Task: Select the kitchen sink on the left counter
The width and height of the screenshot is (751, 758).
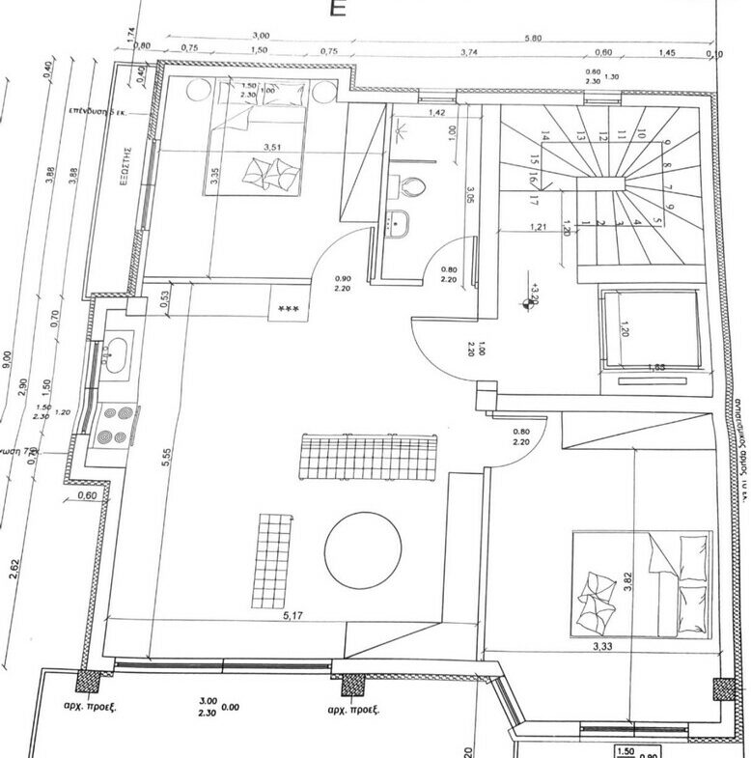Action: click(x=116, y=351)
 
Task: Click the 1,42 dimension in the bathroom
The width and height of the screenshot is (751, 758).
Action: click(x=436, y=114)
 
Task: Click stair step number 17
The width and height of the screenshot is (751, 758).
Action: click(x=533, y=202)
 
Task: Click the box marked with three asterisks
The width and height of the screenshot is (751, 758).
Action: click(x=288, y=308)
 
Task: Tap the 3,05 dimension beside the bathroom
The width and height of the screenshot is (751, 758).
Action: click(x=470, y=199)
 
